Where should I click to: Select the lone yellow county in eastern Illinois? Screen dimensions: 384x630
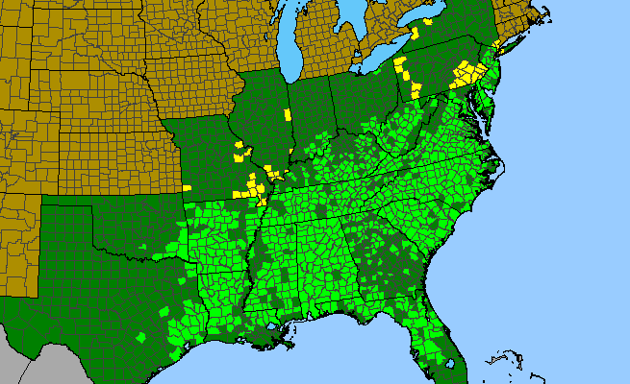tap(288, 114)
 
